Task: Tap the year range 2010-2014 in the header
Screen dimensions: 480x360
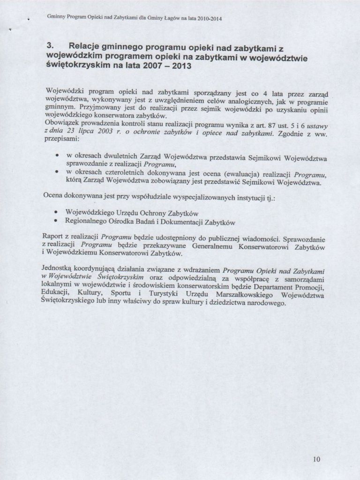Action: (x=208, y=19)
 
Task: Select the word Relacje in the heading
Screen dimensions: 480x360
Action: (x=86, y=46)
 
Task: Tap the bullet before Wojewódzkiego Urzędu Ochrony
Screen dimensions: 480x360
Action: (x=56, y=212)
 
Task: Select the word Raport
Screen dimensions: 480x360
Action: (x=52, y=237)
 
